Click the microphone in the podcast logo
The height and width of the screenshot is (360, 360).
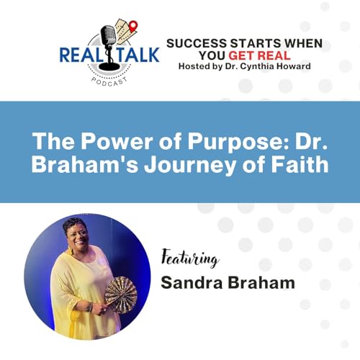click(109, 40)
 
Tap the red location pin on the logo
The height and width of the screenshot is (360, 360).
click(132, 27)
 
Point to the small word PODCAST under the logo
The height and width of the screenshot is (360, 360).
click(109, 81)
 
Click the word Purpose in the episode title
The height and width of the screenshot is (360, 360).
click(215, 140)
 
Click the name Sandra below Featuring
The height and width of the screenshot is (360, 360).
click(188, 282)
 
